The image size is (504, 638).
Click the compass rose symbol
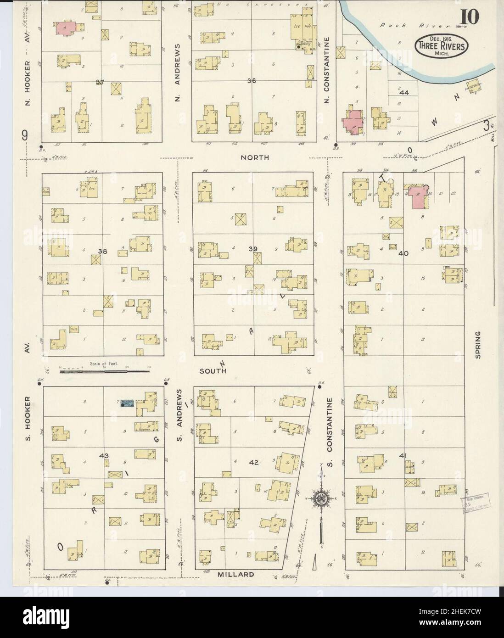click(319, 498)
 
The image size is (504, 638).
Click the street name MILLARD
click(235, 574)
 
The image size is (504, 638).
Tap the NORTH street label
click(254, 157)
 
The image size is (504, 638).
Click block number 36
click(251, 81)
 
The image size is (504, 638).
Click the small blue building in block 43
click(127, 403)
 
